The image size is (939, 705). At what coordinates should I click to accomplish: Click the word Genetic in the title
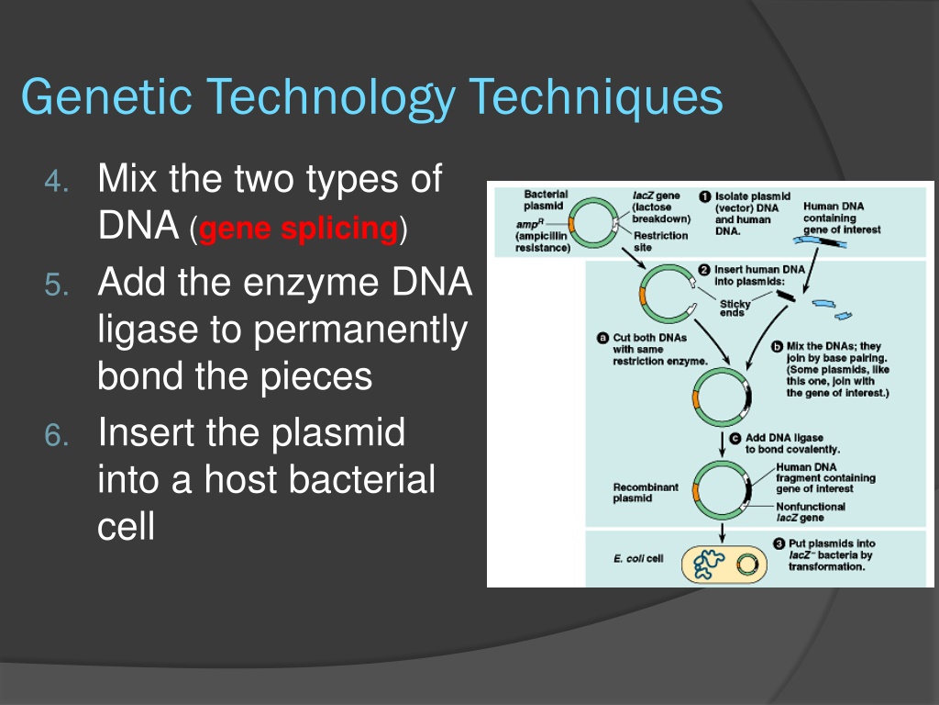pyautogui.click(x=106, y=97)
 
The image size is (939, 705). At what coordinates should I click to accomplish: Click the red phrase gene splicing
pyautogui.click(x=298, y=229)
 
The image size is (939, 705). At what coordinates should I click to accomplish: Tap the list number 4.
pyautogui.click(x=57, y=181)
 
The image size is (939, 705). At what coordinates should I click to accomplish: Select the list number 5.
pyautogui.click(x=57, y=285)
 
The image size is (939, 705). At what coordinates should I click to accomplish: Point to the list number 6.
pyautogui.click(x=57, y=435)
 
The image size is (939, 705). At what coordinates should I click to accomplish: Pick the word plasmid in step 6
pyautogui.click(x=338, y=433)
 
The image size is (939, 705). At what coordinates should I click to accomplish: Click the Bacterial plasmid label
pyautogui.click(x=545, y=200)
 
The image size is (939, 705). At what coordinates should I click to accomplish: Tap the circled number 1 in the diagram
pyautogui.click(x=705, y=196)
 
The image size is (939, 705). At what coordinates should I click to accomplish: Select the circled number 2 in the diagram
pyautogui.click(x=705, y=270)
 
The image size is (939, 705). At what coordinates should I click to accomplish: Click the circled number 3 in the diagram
pyautogui.click(x=779, y=543)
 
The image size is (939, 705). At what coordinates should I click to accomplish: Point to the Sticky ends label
pyautogui.click(x=735, y=308)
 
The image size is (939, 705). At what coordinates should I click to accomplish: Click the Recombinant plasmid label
pyautogui.click(x=646, y=493)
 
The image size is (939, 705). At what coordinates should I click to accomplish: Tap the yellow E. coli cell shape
pyautogui.click(x=725, y=564)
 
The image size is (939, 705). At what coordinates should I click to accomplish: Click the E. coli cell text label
pyautogui.click(x=638, y=559)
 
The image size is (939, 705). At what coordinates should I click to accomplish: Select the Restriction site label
pyautogui.click(x=660, y=241)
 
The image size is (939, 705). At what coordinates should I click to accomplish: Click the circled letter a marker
pyautogui.click(x=603, y=338)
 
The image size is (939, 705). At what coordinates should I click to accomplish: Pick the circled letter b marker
pyautogui.click(x=778, y=346)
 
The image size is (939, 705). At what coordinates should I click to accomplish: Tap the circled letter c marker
pyautogui.click(x=735, y=438)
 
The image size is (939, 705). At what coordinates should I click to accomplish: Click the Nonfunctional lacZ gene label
pyautogui.click(x=811, y=512)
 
